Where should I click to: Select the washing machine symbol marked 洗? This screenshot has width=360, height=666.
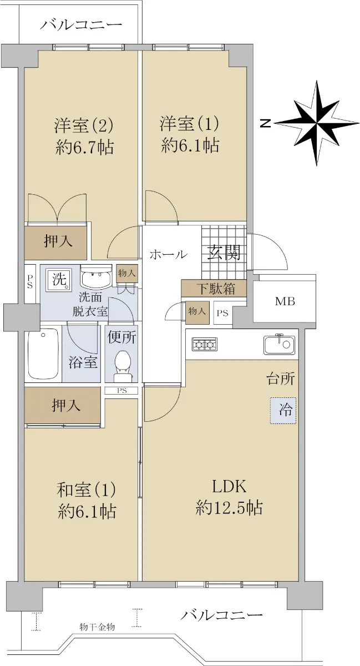(59, 280)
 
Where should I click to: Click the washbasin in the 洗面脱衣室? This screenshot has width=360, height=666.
(96, 277)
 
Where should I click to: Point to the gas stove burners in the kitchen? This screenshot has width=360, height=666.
(204, 345)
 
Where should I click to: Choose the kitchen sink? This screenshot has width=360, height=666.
(279, 344)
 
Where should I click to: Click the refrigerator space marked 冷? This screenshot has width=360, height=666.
(283, 411)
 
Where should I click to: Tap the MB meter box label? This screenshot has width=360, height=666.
(285, 301)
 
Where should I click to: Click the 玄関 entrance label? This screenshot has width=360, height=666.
(224, 253)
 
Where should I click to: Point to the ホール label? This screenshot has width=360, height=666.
(169, 255)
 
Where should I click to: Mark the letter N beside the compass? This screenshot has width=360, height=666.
(266, 123)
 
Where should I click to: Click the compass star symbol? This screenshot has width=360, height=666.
(318, 123)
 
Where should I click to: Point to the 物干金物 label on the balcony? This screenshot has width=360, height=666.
(97, 627)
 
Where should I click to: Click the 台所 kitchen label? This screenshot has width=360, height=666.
(281, 379)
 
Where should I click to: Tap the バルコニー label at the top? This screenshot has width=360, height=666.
(81, 24)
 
